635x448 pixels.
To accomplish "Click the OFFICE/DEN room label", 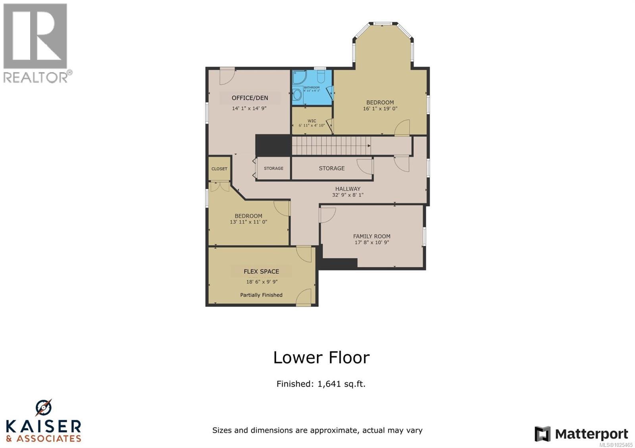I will tap(250, 98).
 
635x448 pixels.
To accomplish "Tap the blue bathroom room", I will tap(312, 88).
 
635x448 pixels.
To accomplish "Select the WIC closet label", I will tap(312, 121).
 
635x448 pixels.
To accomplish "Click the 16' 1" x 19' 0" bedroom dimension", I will tap(380, 109).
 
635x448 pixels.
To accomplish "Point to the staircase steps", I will tap(331, 146).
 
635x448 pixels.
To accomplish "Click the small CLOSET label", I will tap(219, 169).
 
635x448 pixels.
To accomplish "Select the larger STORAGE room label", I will tap(331, 168).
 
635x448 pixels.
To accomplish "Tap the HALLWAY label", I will tap(348, 189).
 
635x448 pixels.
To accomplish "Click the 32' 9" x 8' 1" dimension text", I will tap(348, 195).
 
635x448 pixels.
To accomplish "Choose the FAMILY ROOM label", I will tap(371, 236).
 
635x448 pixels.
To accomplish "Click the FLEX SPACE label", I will tap(261, 272).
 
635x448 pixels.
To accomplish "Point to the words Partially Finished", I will tap(261, 295).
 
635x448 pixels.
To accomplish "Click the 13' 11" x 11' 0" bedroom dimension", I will tap(248, 222).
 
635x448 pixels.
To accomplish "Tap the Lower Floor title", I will tap(321, 358).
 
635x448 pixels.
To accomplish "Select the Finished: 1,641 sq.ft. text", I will tap(321, 384).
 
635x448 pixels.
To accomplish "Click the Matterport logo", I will tap(581, 434).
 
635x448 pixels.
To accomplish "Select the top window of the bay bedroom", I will tap(383, 23).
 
